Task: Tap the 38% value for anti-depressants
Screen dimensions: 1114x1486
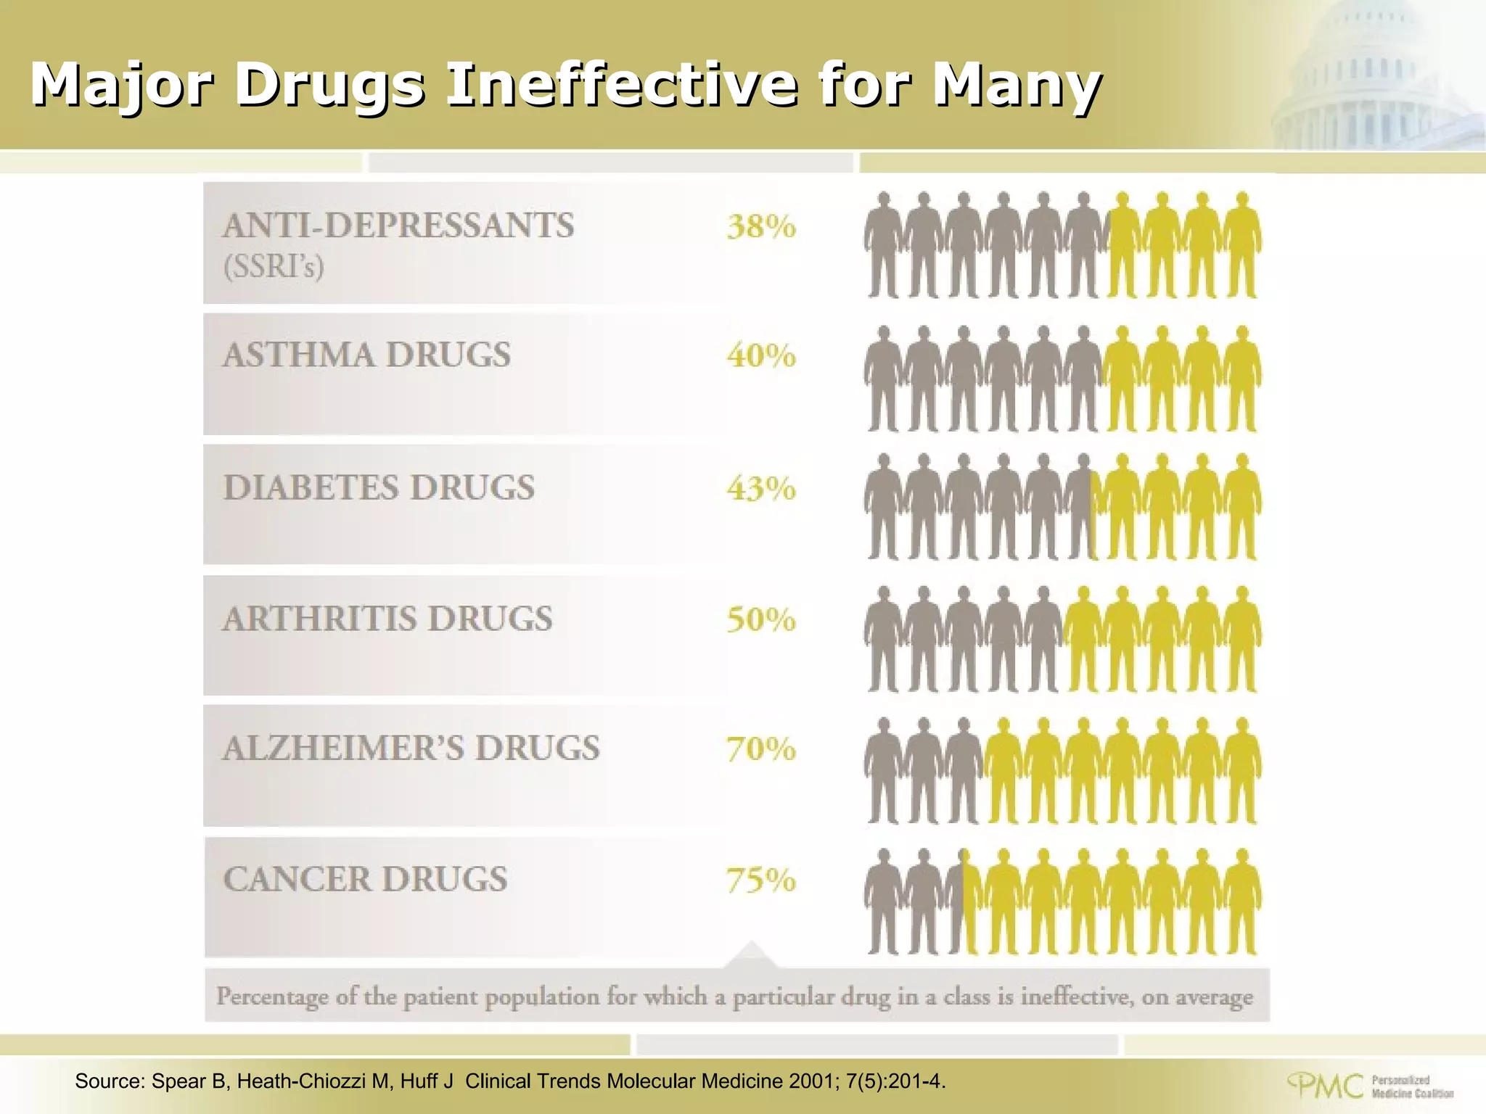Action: tap(761, 227)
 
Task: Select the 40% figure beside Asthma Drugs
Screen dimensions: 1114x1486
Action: tap(761, 356)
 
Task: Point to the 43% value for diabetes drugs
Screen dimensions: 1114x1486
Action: tap(761, 488)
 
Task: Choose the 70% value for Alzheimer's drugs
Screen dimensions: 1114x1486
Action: tap(761, 749)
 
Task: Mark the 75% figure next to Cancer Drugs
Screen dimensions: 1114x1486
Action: tap(761, 880)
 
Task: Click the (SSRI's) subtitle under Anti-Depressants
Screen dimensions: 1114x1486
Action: tap(274, 268)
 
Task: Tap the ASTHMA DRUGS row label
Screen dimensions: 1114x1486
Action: tap(366, 355)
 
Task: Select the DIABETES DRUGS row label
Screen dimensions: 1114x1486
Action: tap(379, 487)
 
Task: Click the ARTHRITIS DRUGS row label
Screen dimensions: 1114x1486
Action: tap(387, 619)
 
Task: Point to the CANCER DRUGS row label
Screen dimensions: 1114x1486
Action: tap(365, 880)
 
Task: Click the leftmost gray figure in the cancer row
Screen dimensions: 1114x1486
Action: tap(883, 901)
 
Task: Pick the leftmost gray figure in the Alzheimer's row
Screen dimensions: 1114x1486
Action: tap(883, 770)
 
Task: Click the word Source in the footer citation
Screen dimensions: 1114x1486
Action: tap(110, 1081)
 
